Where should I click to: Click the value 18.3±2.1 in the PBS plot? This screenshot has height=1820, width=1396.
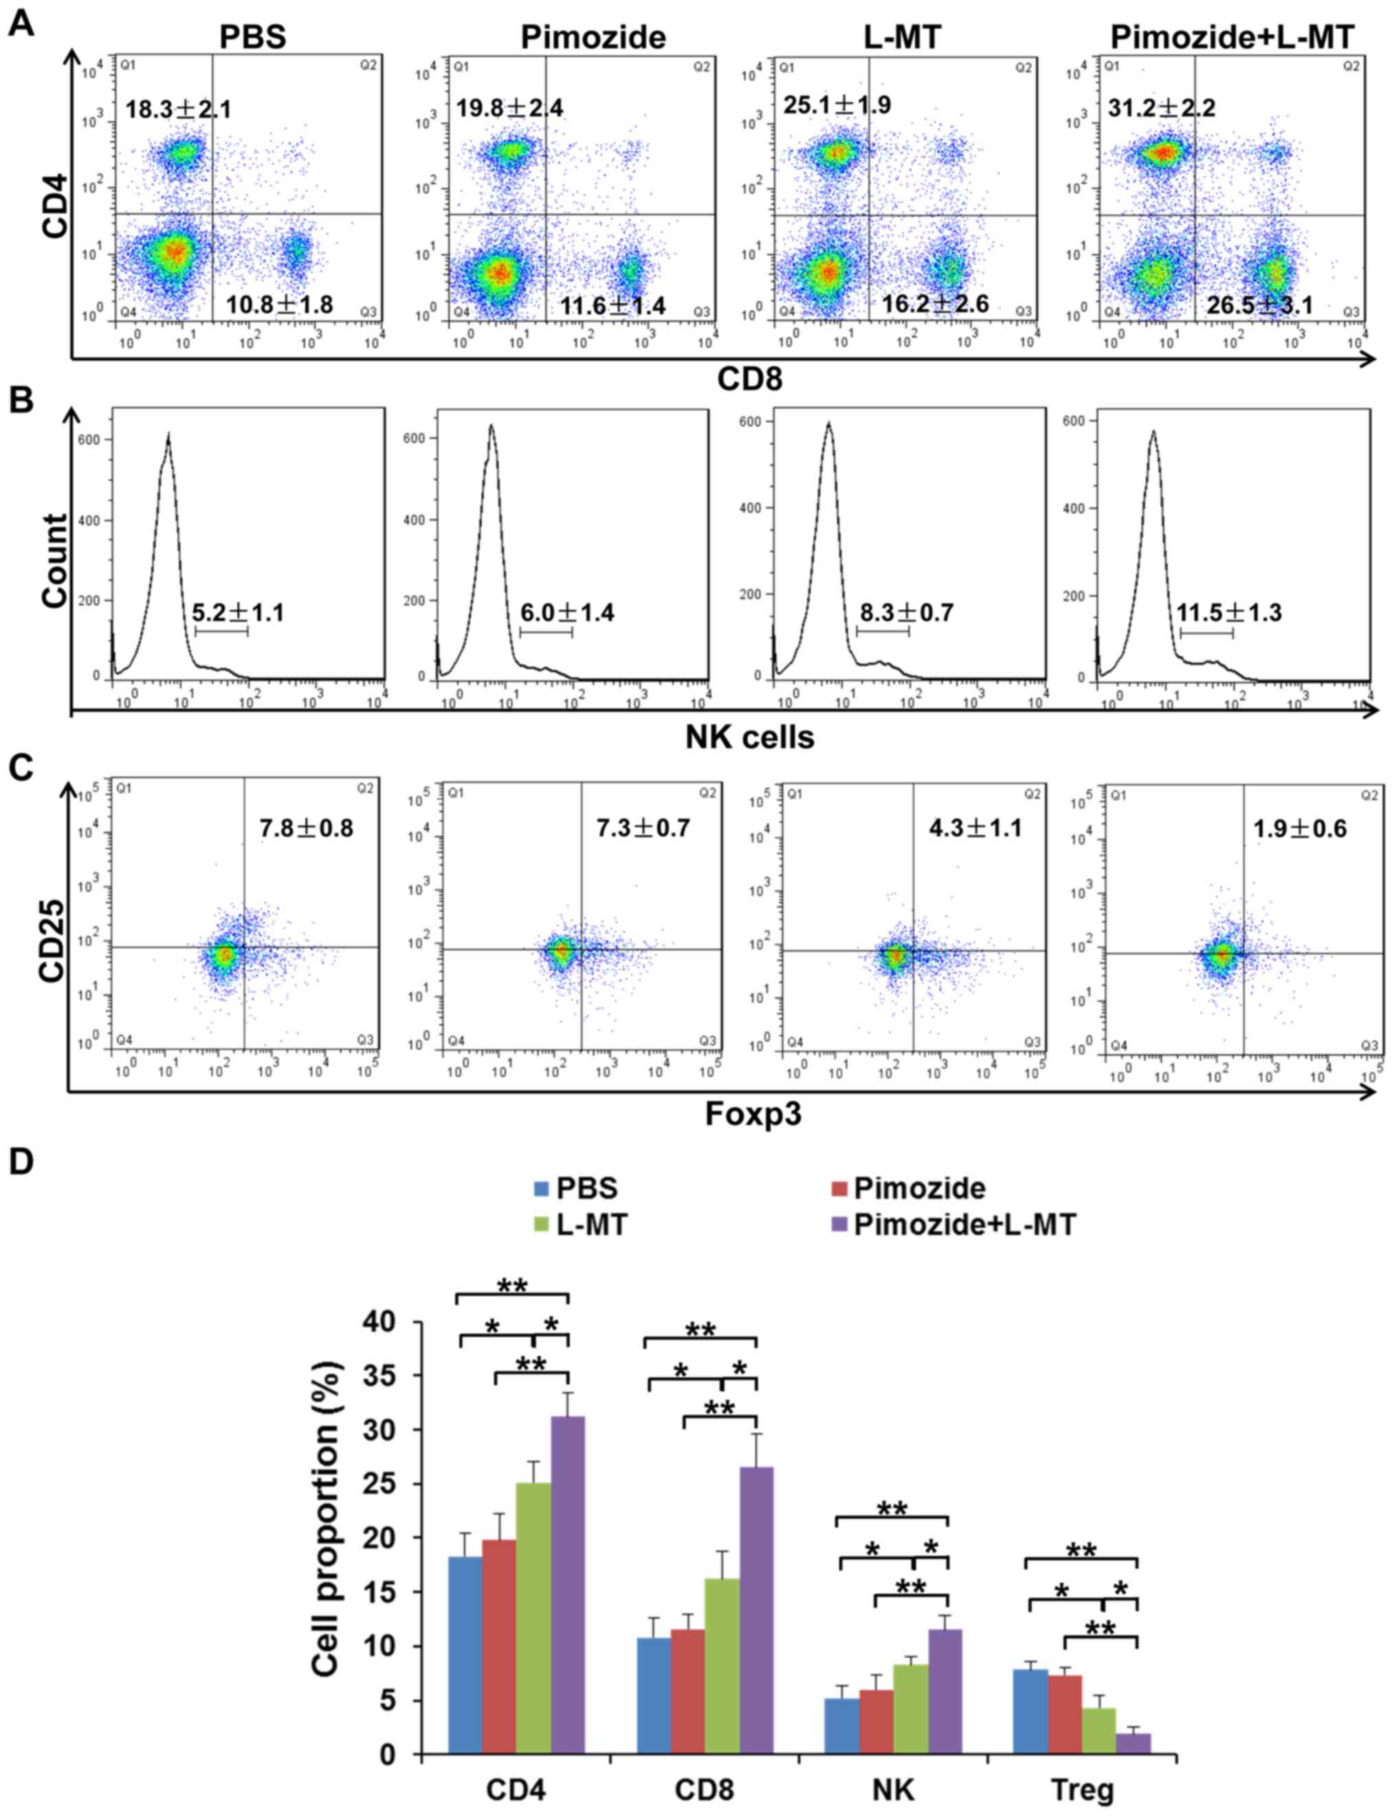(179, 109)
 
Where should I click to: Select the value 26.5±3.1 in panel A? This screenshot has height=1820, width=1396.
(1260, 305)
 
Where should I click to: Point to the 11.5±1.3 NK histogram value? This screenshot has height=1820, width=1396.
(1228, 613)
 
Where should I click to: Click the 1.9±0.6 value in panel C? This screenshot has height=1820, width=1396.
(1300, 829)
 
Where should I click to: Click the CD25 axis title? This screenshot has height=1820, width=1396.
(52, 921)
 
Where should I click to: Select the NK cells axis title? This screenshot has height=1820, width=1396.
(749, 736)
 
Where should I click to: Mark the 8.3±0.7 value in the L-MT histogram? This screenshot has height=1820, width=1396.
(907, 613)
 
